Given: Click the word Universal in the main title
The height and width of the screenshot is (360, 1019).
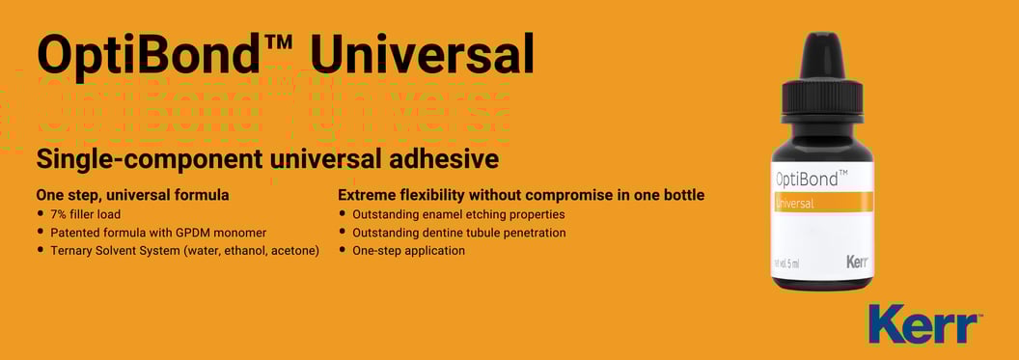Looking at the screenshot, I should pyautogui.click(x=422, y=54).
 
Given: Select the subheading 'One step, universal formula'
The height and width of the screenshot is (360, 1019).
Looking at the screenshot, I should pyautogui.click(x=132, y=195).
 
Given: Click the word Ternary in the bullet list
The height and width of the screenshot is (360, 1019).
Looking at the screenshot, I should pyautogui.click(x=74, y=251).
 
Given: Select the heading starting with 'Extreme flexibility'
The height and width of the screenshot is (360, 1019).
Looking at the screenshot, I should pyautogui.click(x=521, y=195).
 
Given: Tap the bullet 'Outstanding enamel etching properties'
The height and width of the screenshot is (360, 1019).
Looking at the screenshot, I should pyautogui.click(x=458, y=214).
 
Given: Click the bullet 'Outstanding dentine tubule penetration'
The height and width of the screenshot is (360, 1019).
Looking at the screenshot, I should pyautogui.click(x=459, y=233).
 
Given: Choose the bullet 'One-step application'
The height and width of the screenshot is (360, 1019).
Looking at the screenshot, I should pyautogui.click(x=408, y=251).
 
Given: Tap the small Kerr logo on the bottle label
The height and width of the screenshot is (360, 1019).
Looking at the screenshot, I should pyautogui.click(x=857, y=261).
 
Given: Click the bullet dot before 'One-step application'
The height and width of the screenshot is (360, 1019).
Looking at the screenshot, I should pyautogui.click(x=342, y=251).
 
